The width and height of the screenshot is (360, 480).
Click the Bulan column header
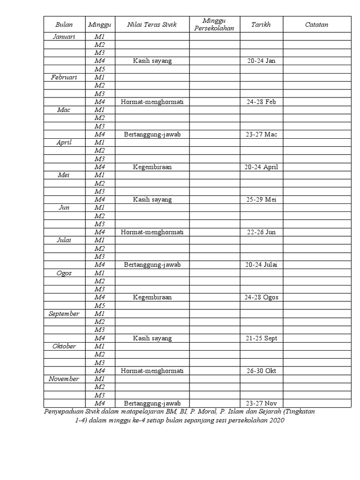tap(64, 25)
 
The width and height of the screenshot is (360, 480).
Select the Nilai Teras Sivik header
tap(152, 25)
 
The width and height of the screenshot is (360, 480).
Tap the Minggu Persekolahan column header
tap(214, 25)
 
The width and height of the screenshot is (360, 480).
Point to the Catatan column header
tap(316, 25)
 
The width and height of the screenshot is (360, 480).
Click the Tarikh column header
tap(261, 25)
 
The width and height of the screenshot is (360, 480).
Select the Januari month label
tap(64, 37)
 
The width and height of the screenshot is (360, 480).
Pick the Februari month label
tap(64, 77)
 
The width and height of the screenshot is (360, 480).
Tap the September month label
tap(64, 314)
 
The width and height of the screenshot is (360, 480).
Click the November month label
tap(64, 379)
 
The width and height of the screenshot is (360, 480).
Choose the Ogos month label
tap(64, 273)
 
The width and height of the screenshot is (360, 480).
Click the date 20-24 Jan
tap(261, 61)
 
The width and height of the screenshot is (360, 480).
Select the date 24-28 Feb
tap(261, 102)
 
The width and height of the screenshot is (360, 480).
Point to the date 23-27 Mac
tap(261, 135)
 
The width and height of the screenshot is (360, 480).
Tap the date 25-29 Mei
tap(261, 200)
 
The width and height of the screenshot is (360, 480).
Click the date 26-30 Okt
tap(261, 371)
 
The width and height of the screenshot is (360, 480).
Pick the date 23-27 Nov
tap(261, 403)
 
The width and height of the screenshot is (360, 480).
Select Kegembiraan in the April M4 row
tap(152, 167)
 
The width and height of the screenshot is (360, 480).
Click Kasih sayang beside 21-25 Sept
tap(152, 338)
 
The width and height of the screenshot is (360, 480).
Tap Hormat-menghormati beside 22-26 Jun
tap(152, 232)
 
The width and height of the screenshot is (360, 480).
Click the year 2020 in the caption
tap(277, 420)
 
